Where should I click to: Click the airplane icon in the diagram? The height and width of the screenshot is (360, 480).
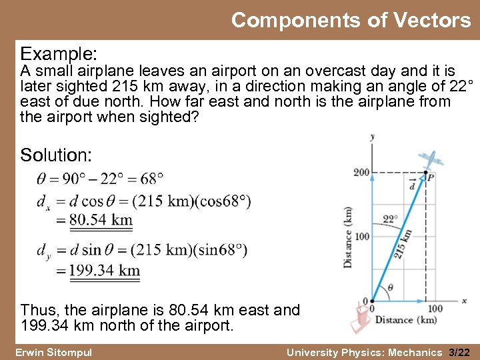click(432, 160)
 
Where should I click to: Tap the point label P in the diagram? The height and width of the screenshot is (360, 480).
click(431, 177)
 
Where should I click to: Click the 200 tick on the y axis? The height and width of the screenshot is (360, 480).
click(361, 173)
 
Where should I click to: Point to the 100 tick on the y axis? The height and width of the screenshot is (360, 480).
click(361, 237)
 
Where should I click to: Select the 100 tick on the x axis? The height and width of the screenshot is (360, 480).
click(435, 309)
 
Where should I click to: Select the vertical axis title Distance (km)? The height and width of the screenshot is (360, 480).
click(347, 237)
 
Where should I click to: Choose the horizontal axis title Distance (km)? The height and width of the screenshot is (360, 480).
click(405, 320)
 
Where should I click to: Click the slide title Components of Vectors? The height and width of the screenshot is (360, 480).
click(351, 21)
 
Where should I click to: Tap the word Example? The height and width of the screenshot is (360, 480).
click(59, 53)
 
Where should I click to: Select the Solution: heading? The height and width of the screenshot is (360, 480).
click(56, 155)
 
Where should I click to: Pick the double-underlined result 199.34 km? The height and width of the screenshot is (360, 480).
click(105, 270)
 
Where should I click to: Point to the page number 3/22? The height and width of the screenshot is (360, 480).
click(459, 352)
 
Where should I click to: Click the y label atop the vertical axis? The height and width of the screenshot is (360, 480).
click(371, 137)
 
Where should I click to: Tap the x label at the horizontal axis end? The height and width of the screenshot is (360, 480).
click(464, 301)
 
